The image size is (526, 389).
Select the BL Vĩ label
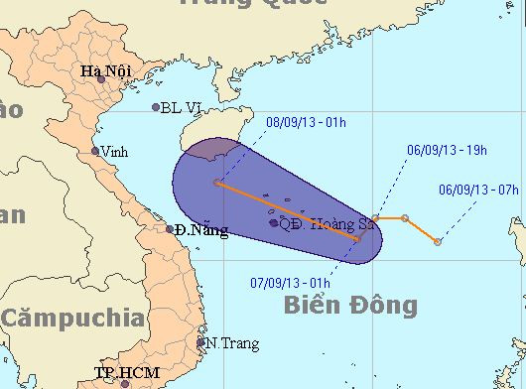pos(185,107)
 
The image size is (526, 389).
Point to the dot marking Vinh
pos(95,152)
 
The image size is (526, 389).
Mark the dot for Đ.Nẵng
pos(171,229)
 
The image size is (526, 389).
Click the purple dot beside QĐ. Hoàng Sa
pos(274,223)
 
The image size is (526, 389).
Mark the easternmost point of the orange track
pos(438,241)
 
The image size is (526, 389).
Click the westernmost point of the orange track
pos(216,183)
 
